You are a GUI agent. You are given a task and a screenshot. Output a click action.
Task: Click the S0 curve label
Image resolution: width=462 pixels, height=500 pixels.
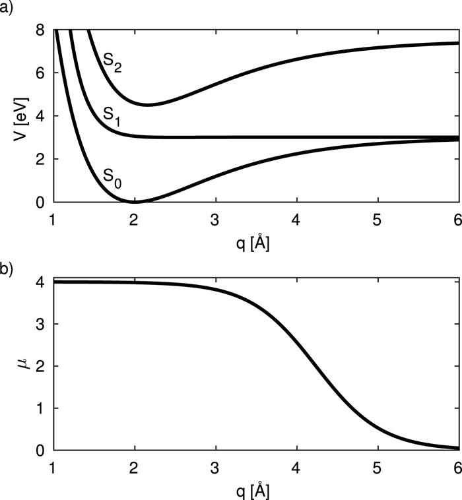click(112, 175)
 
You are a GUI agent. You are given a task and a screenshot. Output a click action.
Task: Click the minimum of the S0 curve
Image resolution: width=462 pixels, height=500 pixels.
click(135, 201)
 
